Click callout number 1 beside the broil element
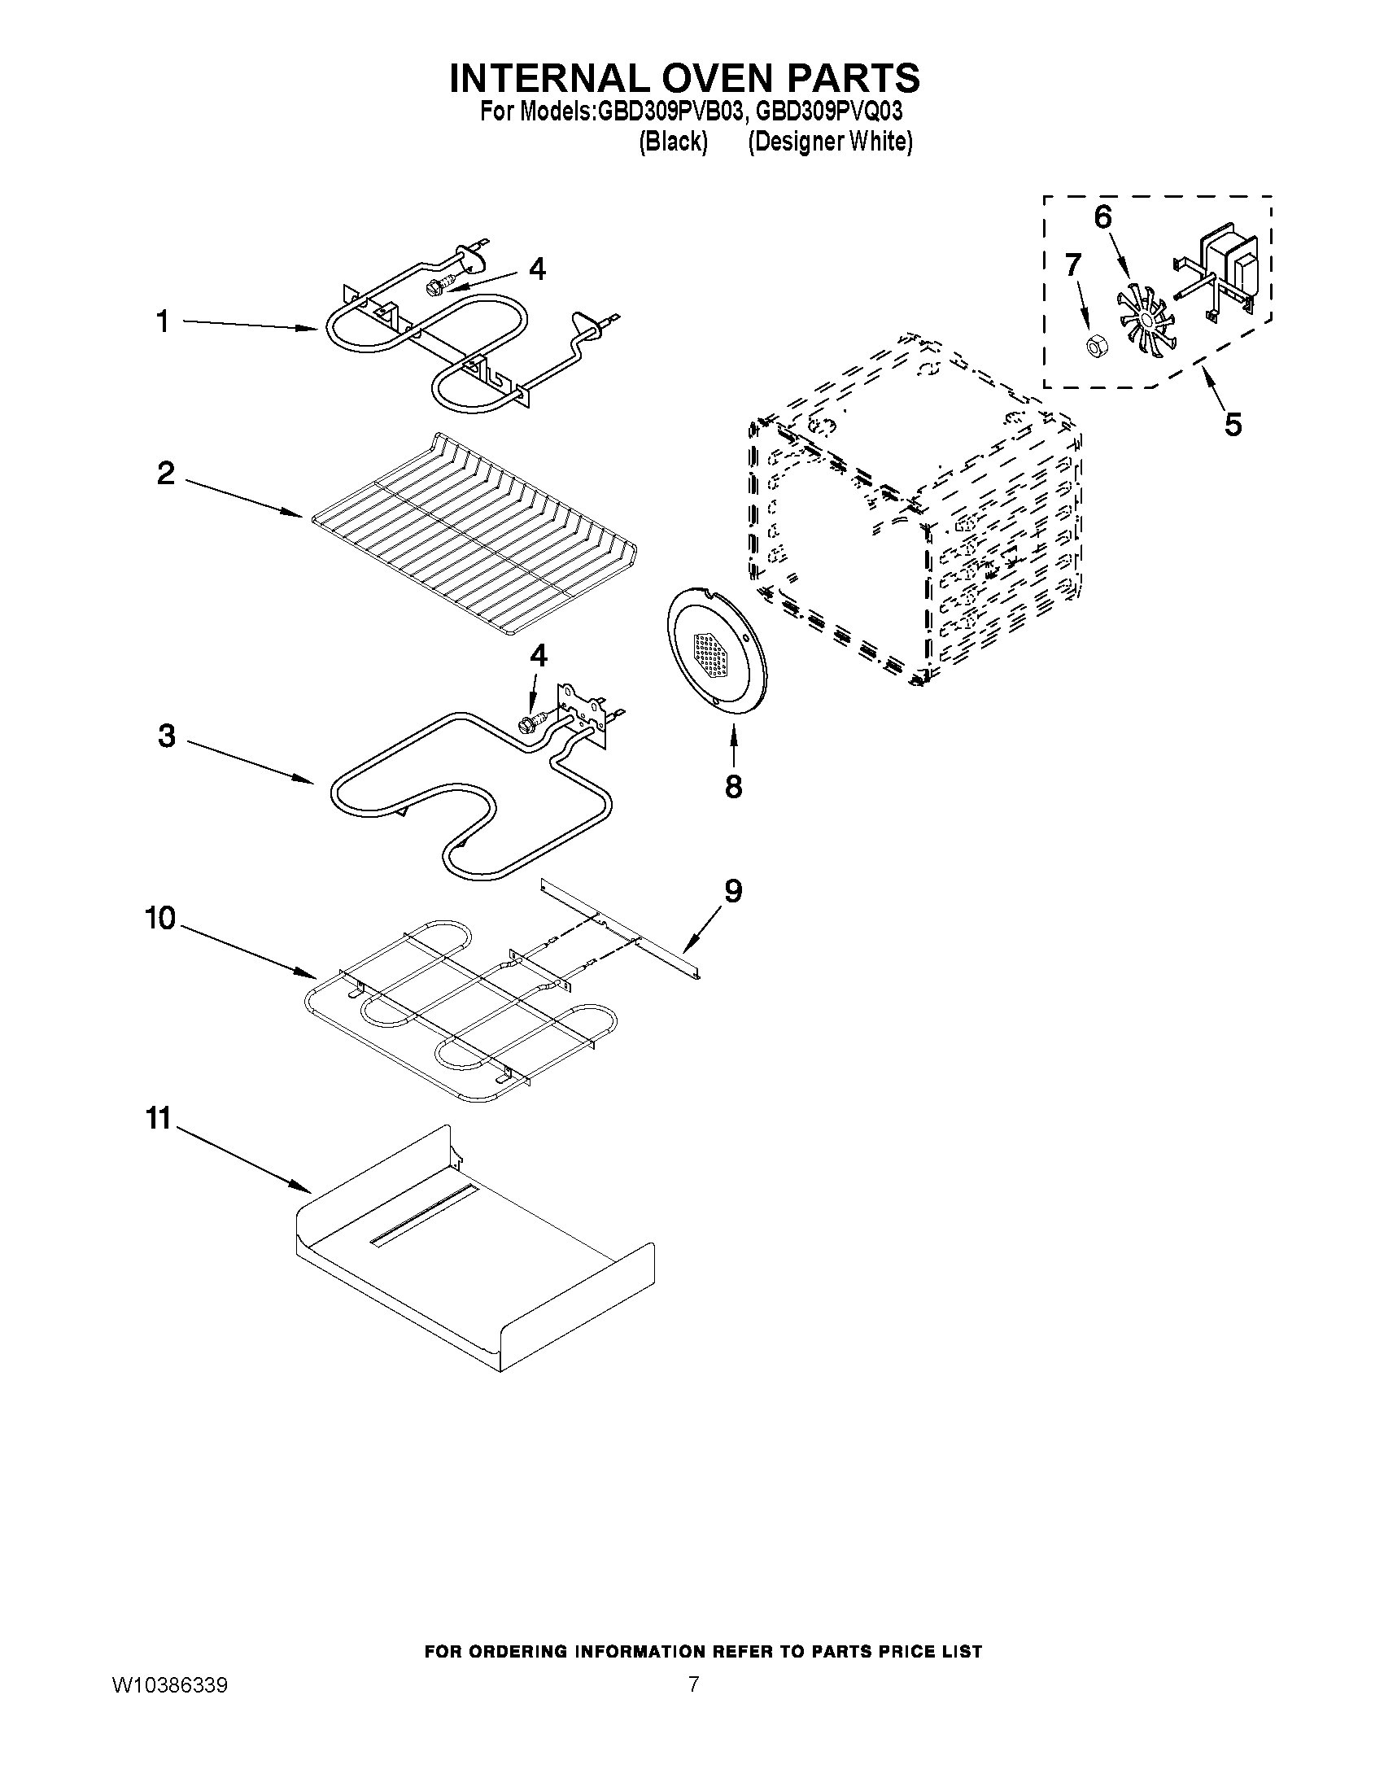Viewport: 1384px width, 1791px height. [163, 322]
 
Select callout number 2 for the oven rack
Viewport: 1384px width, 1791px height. [166, 473]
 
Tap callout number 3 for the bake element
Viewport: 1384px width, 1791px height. [167, 736]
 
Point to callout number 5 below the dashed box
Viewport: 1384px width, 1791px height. [1233, 424]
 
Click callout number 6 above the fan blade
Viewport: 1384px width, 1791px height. [1102, 217]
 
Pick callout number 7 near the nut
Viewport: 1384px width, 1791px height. [1072, 265]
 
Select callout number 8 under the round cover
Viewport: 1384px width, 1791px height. [733, 786]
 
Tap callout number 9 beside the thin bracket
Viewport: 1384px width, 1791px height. [732, 890]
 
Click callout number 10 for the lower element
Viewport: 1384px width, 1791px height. [161, 919]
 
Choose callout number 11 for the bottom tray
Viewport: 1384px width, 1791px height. [157, 1119]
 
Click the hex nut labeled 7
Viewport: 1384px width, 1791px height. [1092, 347]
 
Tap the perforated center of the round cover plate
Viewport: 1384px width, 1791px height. [711, 654]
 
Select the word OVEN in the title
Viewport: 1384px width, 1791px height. [685, 78]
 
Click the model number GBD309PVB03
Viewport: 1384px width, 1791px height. [668, 111]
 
